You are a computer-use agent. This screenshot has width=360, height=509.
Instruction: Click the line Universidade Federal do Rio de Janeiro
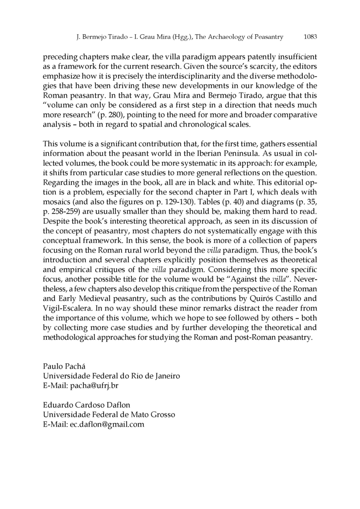(111, 376)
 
